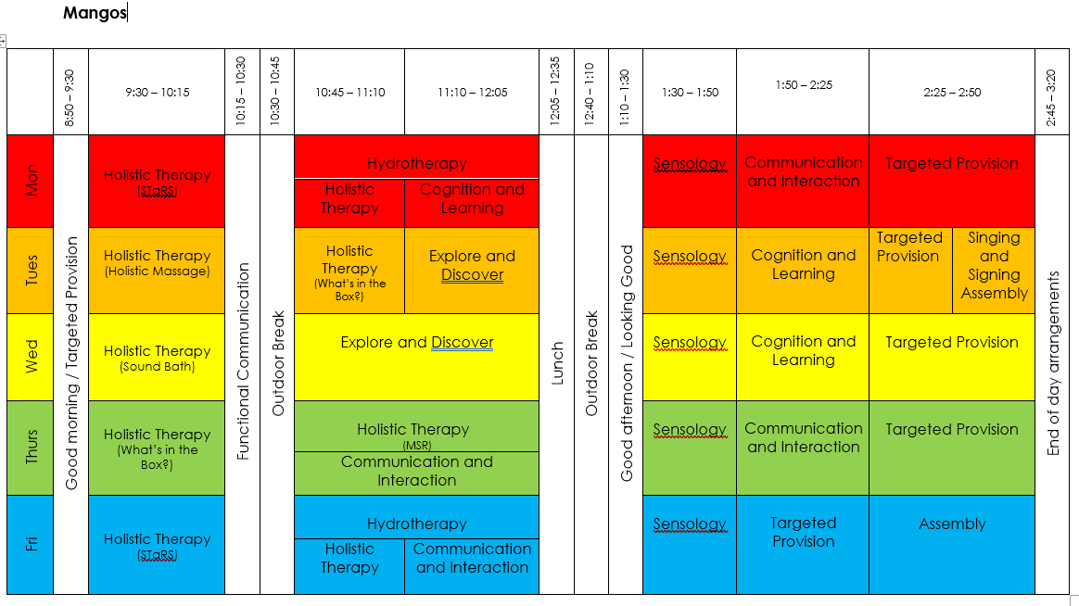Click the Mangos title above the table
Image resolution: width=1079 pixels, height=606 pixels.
pos(95,13)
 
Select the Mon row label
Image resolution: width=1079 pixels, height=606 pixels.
pos(32,181)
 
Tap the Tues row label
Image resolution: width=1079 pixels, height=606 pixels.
pos(32,271)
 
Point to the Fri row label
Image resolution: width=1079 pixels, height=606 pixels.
pos(32,544)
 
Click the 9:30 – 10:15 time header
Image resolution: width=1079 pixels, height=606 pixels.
pos(158,92)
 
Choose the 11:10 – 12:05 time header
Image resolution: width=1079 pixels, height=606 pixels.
pos(472,92)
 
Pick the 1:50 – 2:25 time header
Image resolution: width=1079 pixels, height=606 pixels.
pos(803,85)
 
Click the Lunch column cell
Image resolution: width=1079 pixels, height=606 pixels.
pos(557,364)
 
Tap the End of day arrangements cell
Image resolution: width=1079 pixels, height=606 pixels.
pos(1052,363)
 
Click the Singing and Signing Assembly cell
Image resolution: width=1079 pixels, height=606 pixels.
pos(994,266)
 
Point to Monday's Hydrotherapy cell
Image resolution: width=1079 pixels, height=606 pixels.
pos(416,163)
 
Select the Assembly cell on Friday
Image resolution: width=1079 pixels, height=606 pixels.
pos(952,524)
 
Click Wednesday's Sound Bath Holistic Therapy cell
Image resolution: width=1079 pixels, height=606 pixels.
pos(158,358)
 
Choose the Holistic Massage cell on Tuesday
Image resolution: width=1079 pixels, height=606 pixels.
pos(158,262)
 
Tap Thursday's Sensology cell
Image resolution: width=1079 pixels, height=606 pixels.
pos(690,430)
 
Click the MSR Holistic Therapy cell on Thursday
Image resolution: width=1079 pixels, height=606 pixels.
pos(416,435)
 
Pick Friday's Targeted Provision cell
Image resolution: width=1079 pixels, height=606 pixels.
pos(803,532)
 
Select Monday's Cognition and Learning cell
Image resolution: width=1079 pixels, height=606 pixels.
pos(472,198)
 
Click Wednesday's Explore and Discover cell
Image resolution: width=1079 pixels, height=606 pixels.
pos(416,343)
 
